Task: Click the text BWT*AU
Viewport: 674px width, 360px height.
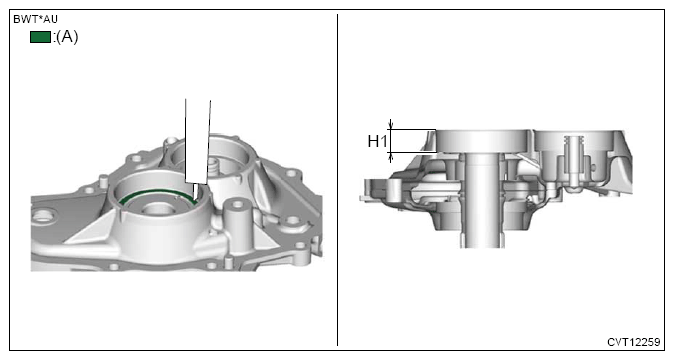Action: [36, 19]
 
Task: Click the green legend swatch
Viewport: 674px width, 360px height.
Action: [40, 37]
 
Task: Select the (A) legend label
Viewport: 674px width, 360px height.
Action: [67, 37]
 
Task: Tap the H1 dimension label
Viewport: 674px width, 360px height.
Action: [377, 141]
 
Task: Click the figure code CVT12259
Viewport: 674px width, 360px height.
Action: [633, 342]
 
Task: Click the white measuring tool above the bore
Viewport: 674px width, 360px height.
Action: [197, 142]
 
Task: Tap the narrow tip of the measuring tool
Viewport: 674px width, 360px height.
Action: [196, 192]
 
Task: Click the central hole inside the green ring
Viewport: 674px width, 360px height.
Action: [158, 209]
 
